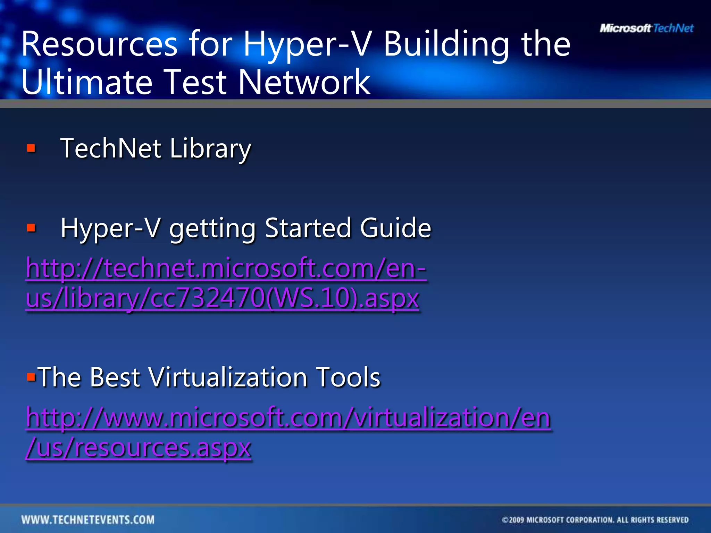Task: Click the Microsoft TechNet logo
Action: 646,28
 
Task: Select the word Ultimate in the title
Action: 87,82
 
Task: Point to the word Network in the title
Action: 304,82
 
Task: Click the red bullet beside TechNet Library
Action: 31,149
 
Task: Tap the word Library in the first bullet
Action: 210,149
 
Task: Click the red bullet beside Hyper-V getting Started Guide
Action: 31,228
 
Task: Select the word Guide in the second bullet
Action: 395,228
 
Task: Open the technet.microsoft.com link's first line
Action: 226,268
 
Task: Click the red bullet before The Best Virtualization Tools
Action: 31,377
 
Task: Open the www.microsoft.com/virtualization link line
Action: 288,417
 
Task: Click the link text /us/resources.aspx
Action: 138,448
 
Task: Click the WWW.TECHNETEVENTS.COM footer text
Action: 88,520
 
